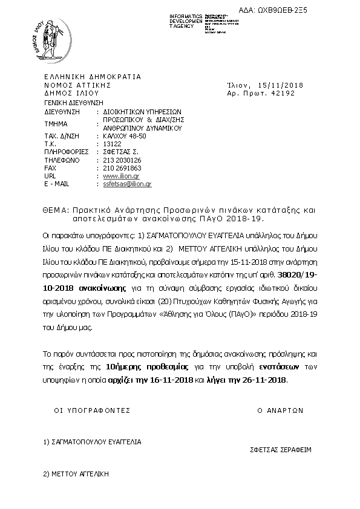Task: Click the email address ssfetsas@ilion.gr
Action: [x=127, y=183]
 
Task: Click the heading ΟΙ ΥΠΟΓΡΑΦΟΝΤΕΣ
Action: [x=93, y=410]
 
